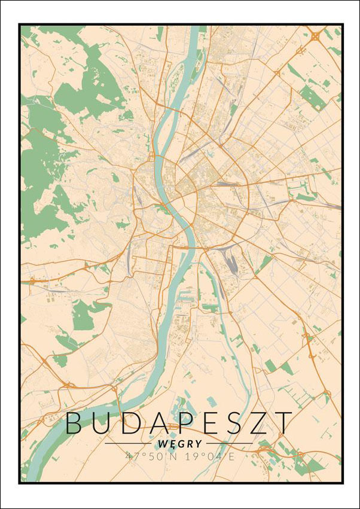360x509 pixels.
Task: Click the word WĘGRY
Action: (180, 444)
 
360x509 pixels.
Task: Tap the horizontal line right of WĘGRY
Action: (230, 444)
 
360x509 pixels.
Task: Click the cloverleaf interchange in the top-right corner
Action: (315, 37)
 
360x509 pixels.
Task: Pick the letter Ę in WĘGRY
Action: (173, 444)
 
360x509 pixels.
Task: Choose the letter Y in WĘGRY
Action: (198, 444)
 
